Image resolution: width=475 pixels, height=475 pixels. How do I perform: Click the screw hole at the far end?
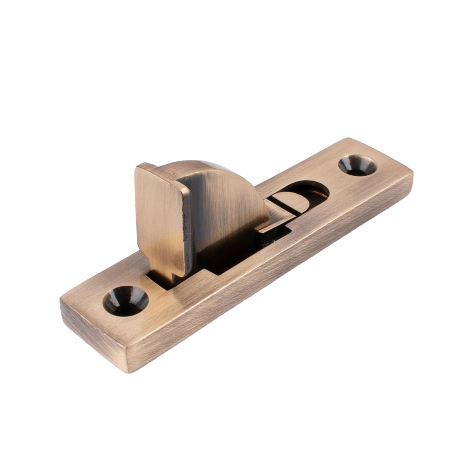357,165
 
